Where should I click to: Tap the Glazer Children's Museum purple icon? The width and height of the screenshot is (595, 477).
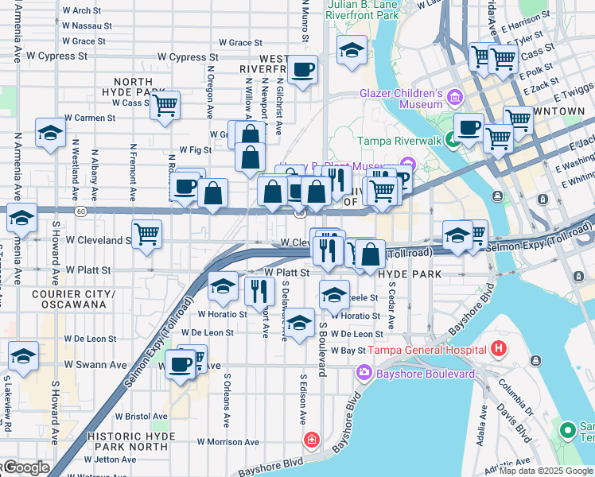pos(455,98)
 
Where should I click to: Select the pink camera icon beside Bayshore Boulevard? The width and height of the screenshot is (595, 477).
pos(364,372)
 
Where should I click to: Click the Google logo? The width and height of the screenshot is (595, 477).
pos(25,467)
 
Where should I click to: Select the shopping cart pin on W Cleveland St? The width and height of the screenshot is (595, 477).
pos(146,234)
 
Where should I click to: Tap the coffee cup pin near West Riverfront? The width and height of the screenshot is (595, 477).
pos(302,69)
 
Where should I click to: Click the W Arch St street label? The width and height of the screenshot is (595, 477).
pos(81,11)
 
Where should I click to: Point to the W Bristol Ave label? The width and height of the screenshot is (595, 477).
pos(142,416)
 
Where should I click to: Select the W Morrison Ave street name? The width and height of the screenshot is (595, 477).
pos(228,442)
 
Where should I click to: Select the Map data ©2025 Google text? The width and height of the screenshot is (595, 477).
pos(545,471)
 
